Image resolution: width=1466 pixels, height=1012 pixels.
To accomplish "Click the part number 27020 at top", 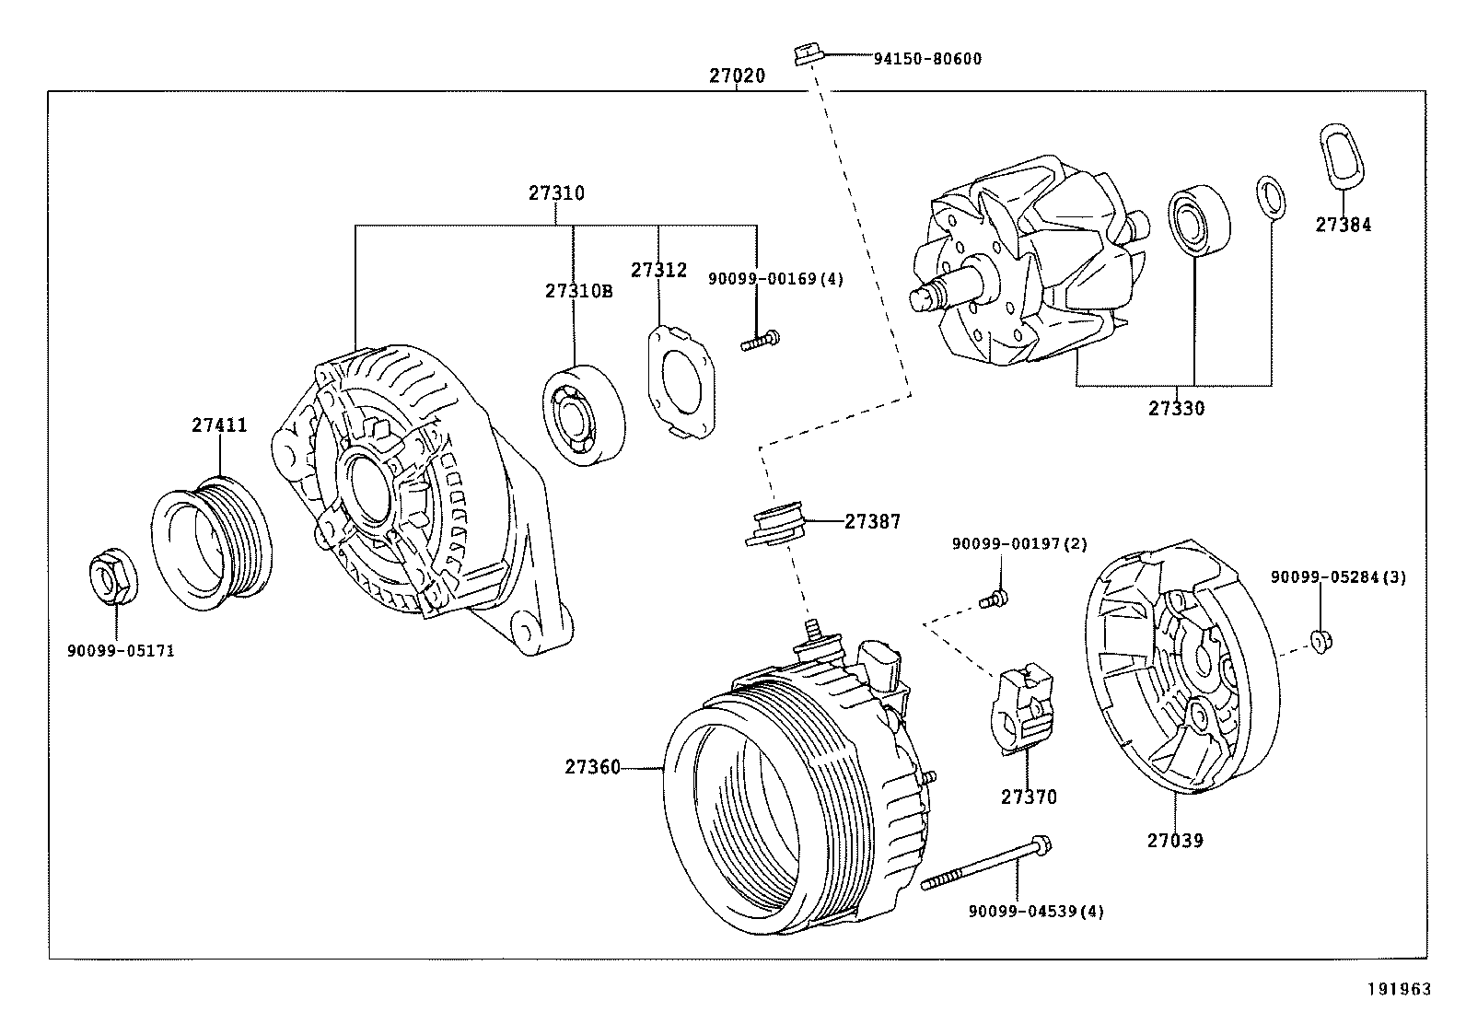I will click(736, 76).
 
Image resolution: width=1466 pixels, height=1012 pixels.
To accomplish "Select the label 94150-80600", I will click(926, 59).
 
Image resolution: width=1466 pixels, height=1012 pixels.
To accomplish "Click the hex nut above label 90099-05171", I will click(113, 577).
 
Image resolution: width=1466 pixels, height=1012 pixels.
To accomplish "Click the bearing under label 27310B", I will click(582, 415).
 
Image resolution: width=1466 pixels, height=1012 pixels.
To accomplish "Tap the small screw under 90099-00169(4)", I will click(760, 343).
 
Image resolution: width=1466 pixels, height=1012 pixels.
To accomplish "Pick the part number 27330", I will click(1176, 408).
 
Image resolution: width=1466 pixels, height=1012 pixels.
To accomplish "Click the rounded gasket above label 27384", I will click(1341, 154).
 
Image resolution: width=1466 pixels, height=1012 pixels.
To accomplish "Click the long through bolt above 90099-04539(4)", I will click(985, 864).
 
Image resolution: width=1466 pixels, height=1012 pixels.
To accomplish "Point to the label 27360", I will click(592, 767).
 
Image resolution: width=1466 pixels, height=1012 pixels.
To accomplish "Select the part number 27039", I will click(1175, 840).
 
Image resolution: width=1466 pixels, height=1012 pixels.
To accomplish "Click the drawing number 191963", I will click(1399, 990).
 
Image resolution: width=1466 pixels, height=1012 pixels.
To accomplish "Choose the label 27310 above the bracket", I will click(556, 193).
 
